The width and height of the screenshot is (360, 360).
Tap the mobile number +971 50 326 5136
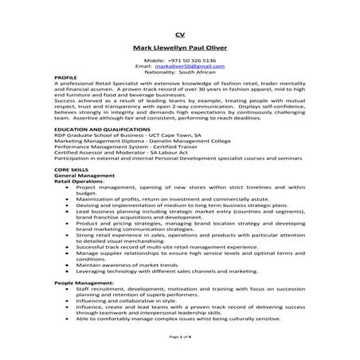pyautogui.click(x=179, y=61)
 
